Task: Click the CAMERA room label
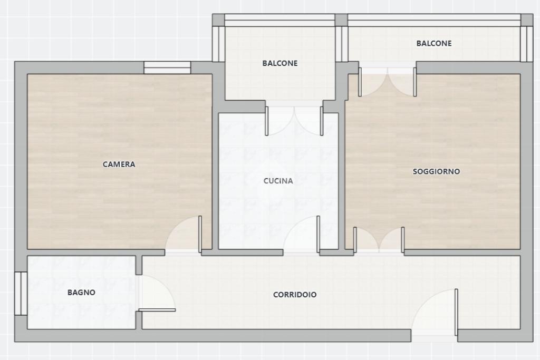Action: (x=119, y=164)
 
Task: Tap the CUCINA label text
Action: (x=278, y=181)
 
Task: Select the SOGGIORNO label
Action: (x=436, y=171)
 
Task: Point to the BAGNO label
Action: (x=81, y=292)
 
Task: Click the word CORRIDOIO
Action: (x=295, y=295)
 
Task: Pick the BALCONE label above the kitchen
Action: (x=280, y=63)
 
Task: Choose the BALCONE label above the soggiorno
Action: (x=434, y=43)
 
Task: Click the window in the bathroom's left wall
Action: (x=21, y=294)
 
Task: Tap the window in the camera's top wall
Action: (x=167, y=67)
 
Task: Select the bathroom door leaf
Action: (x=157, y=310)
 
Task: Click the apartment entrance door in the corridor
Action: (x=456, y=313)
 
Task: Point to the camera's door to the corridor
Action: (x=200, y=234)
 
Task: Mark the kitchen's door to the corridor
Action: (x=318, y=234)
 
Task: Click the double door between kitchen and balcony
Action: (x=294, y=121)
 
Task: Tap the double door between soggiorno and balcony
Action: (x=388, y=82)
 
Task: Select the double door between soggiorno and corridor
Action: (x=379, y=240)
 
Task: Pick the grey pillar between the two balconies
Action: (x=341, y=20)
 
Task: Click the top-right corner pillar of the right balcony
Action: (x=527, y=20)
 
